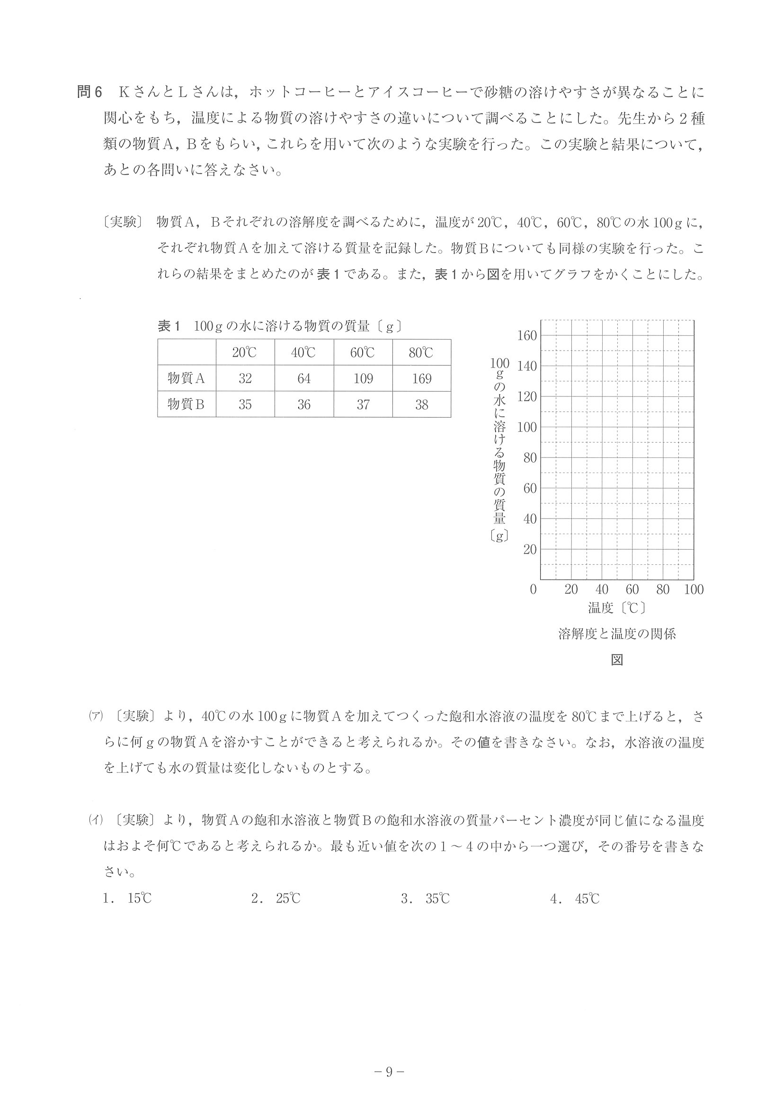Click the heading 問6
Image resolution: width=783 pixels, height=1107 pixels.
90,92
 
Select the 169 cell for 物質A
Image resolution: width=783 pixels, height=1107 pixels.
422,378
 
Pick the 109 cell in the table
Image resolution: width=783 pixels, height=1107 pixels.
363,378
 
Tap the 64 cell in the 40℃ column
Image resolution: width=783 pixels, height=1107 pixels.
304,378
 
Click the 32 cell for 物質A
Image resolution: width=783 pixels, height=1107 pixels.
245,378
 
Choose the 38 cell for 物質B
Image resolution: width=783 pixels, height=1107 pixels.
422,404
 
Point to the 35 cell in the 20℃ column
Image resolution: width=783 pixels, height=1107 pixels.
245,404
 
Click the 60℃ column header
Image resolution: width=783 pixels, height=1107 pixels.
363,352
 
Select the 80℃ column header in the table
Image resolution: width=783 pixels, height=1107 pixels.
422,352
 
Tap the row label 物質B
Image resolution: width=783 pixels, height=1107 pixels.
186,404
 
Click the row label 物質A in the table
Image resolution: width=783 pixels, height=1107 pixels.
186,378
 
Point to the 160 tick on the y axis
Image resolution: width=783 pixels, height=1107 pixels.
527,335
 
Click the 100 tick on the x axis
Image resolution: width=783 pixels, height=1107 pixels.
694,589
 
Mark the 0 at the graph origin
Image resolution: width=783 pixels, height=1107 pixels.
533,589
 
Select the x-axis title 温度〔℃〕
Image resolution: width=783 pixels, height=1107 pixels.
616,608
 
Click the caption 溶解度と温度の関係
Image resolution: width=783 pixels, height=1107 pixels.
616,634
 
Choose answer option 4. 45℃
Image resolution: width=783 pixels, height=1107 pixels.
575,899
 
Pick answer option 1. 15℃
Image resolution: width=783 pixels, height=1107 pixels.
127,899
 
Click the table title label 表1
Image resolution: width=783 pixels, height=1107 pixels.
169,326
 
